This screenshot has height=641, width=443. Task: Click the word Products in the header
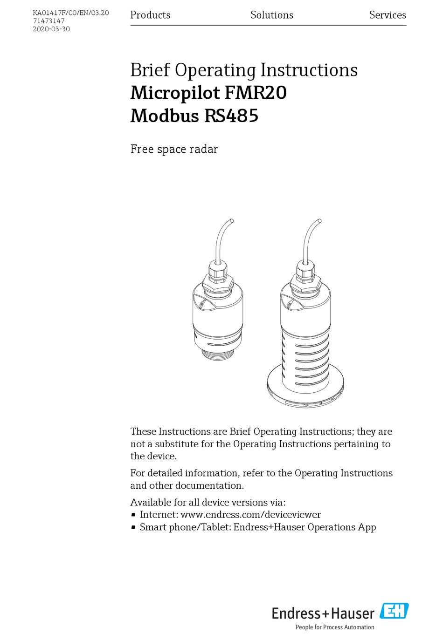pos(150,15)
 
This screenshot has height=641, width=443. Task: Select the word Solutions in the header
pos(271,15)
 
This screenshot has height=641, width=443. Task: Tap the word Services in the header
pos(387,15)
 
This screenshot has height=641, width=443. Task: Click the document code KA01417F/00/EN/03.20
pos(71,13)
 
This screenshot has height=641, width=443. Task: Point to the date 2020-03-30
pos(51,29)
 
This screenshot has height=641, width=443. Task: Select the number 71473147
pos(48,21)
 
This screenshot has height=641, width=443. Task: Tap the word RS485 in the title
pos(231,116)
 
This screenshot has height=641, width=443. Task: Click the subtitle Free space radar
pos(174,149)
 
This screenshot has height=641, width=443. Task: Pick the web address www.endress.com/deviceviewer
pos(250,515)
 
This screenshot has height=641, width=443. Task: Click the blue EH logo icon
pos(394,611)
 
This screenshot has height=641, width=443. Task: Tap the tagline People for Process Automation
pos(335,627)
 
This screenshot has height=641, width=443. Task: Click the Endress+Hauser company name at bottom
pos(323,613)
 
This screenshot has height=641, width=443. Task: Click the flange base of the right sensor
pos(305,391)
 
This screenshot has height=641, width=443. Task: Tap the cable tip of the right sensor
pos(319,221)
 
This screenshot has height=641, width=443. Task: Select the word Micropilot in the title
pos(175,93)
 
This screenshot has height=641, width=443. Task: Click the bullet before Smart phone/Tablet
pos(133,527)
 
